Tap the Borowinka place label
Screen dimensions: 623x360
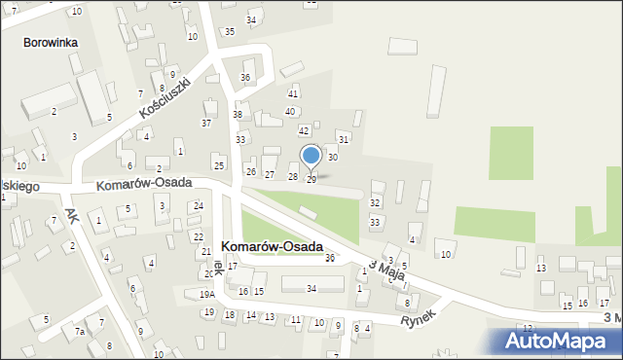[x=53, y=44]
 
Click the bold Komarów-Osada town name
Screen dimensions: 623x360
[x=273, y=247]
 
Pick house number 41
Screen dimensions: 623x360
[x=293, y=94]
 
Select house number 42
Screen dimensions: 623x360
[x=304, y=130]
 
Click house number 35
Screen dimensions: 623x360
[x=230, y=32]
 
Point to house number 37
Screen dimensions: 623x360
[x=206, y=124]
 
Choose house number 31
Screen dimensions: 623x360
[x=344, y=140]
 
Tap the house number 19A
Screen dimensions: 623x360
[x=207, y=295]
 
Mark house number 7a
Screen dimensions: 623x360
[x=81, y=332]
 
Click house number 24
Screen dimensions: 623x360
[x=199, y=206]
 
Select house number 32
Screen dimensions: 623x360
[x=375, y=202]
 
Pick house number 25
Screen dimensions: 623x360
[x=219, y=166]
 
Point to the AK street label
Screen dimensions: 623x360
[x=70, y=213]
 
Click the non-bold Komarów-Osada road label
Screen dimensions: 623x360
[x=143, y=183]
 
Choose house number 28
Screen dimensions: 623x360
[x=292, y=176]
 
